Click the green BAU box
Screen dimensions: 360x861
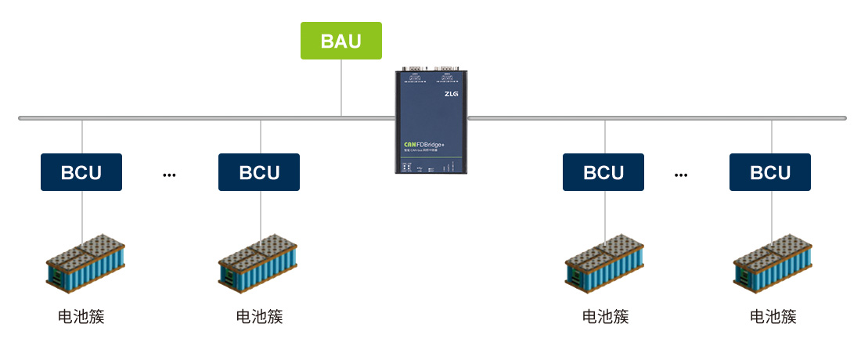pos(341,41)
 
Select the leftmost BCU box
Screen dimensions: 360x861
pos(81,172)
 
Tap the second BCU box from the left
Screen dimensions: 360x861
pos(259,172)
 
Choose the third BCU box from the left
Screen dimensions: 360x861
pos(603,172)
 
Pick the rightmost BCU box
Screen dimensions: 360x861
pos(770,172)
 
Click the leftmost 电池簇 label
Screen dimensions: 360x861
pos(81,317)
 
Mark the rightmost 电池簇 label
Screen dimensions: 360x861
pos(773,317)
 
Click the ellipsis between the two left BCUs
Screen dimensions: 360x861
pos(169,175)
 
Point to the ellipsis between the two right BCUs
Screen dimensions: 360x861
pos(681,175)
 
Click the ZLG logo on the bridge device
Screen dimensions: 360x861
pos(452,95)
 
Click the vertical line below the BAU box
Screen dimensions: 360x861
pos(341,88)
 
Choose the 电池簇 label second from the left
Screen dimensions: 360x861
pos(259,317)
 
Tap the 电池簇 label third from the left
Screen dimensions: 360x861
pos(605,317)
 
